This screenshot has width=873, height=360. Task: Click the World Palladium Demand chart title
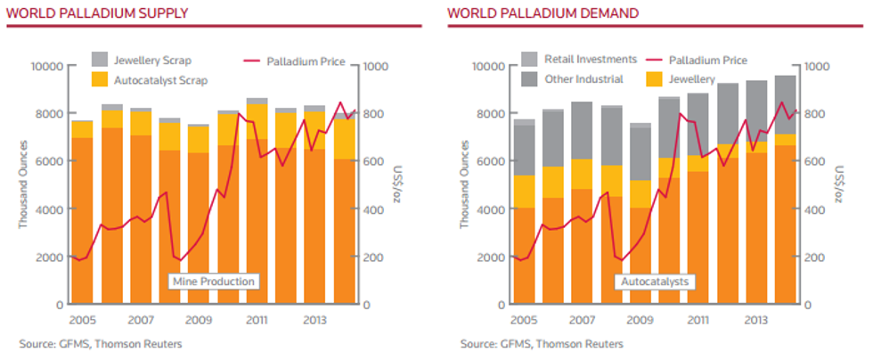click(x=543, y=12)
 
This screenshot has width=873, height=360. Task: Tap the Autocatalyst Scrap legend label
click(x=161, y=81)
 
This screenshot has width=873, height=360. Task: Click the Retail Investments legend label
click(x=590, y=59)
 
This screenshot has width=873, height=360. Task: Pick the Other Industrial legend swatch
click(x=529, y=79)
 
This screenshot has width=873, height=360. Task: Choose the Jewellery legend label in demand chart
click(x=692, y=79)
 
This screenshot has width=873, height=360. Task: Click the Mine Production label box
click(x=214, y=282)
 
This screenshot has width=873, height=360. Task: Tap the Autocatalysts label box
click(x=654, y=282)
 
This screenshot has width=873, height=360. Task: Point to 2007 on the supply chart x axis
click(x=141, y=321)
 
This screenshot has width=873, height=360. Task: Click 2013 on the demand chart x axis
click(x=756, y=321)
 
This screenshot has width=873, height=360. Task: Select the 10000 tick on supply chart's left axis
click(x=48, y=66)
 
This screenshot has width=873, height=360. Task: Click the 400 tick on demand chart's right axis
click(x=815, y=209)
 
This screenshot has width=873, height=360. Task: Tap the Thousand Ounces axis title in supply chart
click(x=23, y=185)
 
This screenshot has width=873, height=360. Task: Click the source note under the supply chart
click(x=100, y=344)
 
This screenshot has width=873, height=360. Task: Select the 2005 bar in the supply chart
click(x=82, y=212)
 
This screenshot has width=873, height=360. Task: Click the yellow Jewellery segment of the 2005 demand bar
click(x=523, y=192)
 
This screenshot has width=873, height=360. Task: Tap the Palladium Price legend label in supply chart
click(x=306, y=61)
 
